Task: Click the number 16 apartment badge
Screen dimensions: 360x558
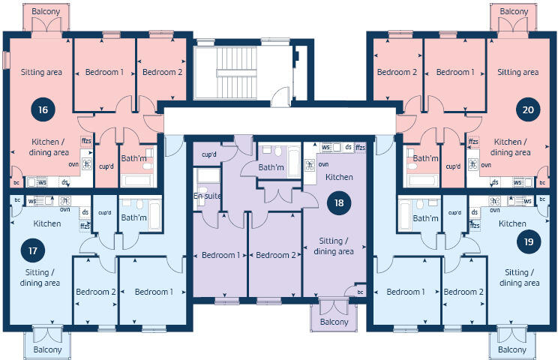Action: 43,109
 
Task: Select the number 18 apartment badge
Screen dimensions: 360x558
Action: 339,203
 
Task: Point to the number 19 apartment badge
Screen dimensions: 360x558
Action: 528,241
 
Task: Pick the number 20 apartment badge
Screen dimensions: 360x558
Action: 528,109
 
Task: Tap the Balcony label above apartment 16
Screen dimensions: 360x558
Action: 45,13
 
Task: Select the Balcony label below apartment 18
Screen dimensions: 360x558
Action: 333,322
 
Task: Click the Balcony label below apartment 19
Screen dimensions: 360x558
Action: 513,350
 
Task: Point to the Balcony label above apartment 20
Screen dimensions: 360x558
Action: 514,12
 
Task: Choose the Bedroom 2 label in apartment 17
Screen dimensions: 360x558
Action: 95,292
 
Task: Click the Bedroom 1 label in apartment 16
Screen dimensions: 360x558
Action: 105,72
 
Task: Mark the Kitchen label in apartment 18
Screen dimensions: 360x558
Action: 339,178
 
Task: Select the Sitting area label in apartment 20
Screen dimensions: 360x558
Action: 517,72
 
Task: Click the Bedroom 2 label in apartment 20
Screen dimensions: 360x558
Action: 397,72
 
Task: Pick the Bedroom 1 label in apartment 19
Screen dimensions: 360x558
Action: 406,292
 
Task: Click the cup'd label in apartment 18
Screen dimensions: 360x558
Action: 209,155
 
